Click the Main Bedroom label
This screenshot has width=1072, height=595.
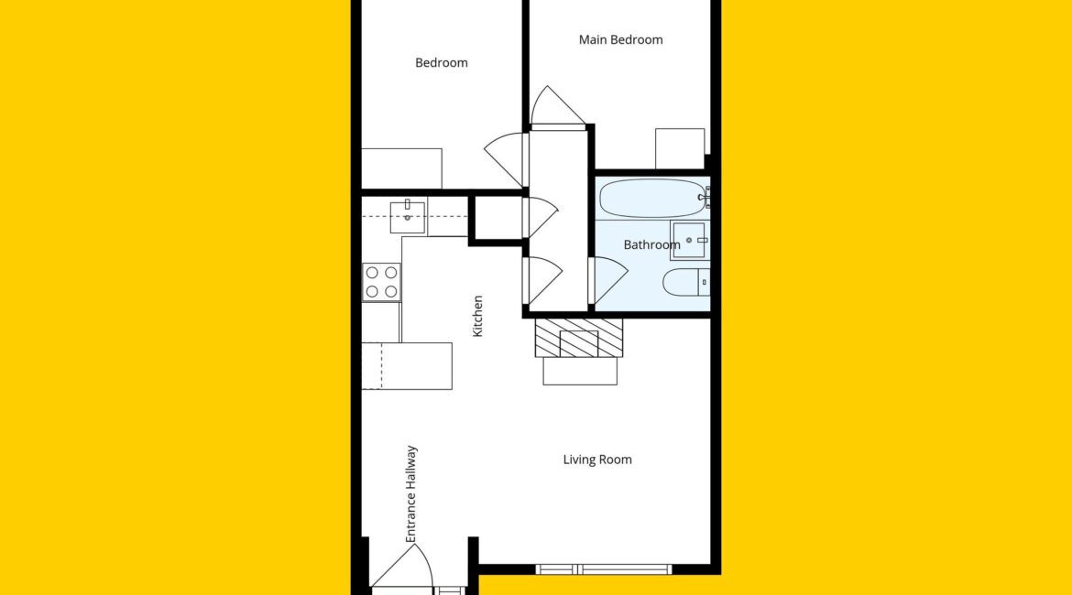point(620,39)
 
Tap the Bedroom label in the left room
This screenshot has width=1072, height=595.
point(441,63)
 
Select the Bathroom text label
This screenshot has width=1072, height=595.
point(651,244)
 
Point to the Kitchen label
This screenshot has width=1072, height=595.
point(478,316)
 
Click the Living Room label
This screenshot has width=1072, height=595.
point(596,460)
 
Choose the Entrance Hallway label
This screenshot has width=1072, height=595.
point(410,494)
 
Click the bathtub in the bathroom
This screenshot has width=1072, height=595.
point(653,198)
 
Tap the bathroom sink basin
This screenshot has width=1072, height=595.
point(689,241)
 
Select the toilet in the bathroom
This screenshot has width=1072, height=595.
point(686,282)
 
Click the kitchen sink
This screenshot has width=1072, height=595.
point(408,216)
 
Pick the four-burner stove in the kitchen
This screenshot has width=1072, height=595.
point(381,282)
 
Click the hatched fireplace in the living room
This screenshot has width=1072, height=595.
point(578,338)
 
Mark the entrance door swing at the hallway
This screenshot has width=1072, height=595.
point(402,565)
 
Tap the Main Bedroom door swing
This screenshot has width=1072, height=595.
point(558,106)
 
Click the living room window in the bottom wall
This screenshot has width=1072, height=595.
point(604,569)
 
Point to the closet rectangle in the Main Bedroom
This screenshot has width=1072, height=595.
point(680,148)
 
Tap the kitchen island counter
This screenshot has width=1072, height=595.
point(407,366)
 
